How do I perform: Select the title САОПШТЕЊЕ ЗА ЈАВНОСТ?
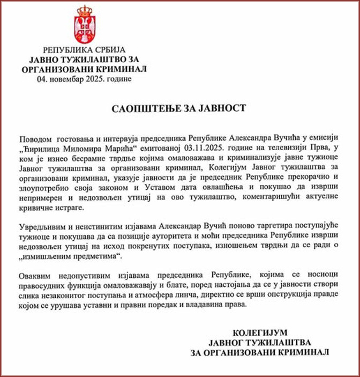pyautogui.click(x=179, y=108)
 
